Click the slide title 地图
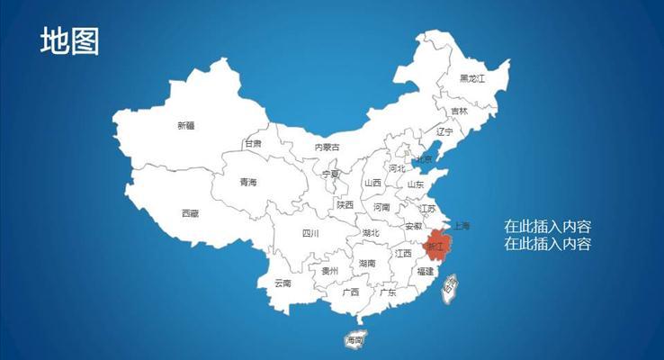tap(69, 41)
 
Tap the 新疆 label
tap(186, 126)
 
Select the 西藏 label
tap(190, 213)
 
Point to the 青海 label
tap(247, 183)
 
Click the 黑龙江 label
tap(471, 78)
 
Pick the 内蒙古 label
tap(328, 147)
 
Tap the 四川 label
tap(310, 233)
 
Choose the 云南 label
tap(283, 283)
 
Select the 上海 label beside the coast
tap(462, 225)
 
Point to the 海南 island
tap(354, 340)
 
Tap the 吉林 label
tap(459, 112)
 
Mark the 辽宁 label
tap(444, 131)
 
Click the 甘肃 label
tap(254, 143)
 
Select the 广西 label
tap(351, 292)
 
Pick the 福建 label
tap(425, 271)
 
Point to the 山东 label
tap(416, 184)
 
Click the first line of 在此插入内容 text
tap(547, 226)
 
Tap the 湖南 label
tap(366, 264)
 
